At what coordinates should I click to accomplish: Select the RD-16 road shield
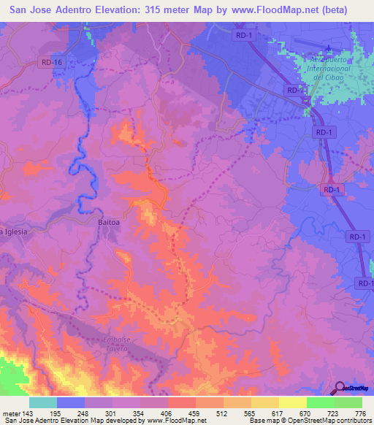coord(53,63)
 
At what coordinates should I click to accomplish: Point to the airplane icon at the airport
coord(328,50)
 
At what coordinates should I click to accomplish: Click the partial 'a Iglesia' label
coord(14,231)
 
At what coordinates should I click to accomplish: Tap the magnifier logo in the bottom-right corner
coord(341,388)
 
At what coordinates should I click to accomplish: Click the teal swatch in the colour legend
coord(43,402)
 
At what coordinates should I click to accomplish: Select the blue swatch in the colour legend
coord(71,402)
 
